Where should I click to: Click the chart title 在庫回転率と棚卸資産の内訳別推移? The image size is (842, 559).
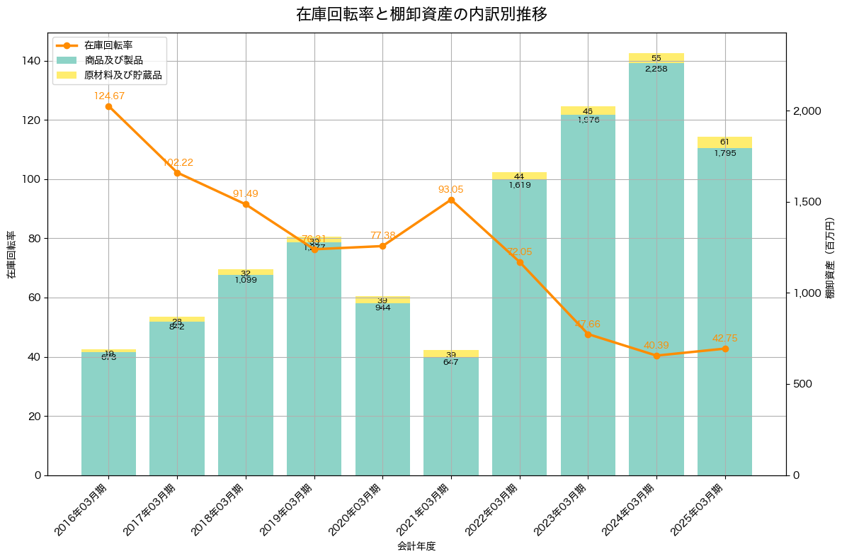coord(421,14)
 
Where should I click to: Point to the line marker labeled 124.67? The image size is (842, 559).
coord(108,106)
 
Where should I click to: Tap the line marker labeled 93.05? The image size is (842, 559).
coord(451,200)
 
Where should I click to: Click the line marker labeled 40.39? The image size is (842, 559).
coord(656,356)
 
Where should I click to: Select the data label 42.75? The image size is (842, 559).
coord(725,338)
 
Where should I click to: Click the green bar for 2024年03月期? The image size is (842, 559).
coord(656,269)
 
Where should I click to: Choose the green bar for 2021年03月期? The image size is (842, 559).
coord(451,418)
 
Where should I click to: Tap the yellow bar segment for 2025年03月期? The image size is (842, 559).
coord(724,142)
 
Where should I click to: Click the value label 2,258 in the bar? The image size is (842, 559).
coord(656,69)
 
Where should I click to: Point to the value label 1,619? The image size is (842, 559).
coord(519,185)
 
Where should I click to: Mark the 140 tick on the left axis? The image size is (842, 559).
coord(32,61)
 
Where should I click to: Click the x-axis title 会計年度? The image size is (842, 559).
coord(416,546)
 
